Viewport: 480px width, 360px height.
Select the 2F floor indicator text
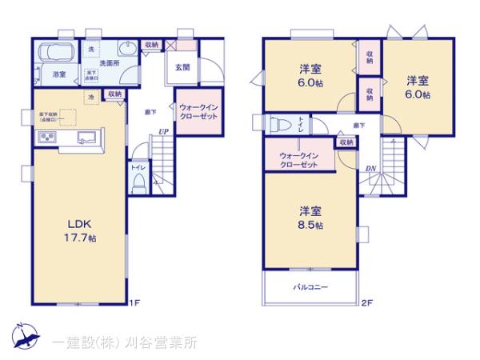click(x=367, y=303)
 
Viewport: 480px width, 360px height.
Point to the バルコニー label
click(x=310, y=287)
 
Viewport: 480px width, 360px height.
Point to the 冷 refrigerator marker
click(x=91, y=97)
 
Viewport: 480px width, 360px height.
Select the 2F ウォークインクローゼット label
click(x=298, y=158)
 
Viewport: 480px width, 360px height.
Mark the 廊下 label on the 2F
click(x=358, y=126)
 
